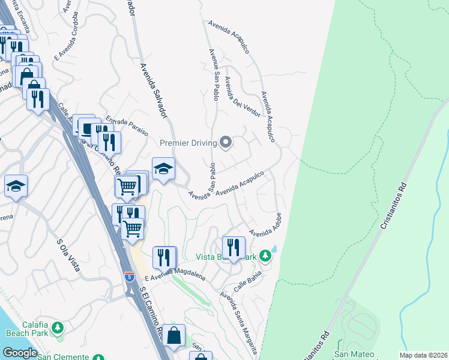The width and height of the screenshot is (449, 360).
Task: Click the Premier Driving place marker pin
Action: point(226,142)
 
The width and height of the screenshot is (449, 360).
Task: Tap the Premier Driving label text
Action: point(189,143)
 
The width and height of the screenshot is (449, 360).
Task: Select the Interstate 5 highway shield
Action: point(130,277)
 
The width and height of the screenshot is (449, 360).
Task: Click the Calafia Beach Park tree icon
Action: point(58,328)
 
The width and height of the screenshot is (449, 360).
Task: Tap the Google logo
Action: point(20,353)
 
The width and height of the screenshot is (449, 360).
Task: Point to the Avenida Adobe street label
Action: point(265,223)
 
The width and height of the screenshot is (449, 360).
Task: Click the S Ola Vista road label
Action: point(68,256)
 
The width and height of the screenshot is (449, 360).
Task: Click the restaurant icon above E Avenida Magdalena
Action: point(164,257)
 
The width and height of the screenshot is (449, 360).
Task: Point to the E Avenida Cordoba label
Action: point(67,36)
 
